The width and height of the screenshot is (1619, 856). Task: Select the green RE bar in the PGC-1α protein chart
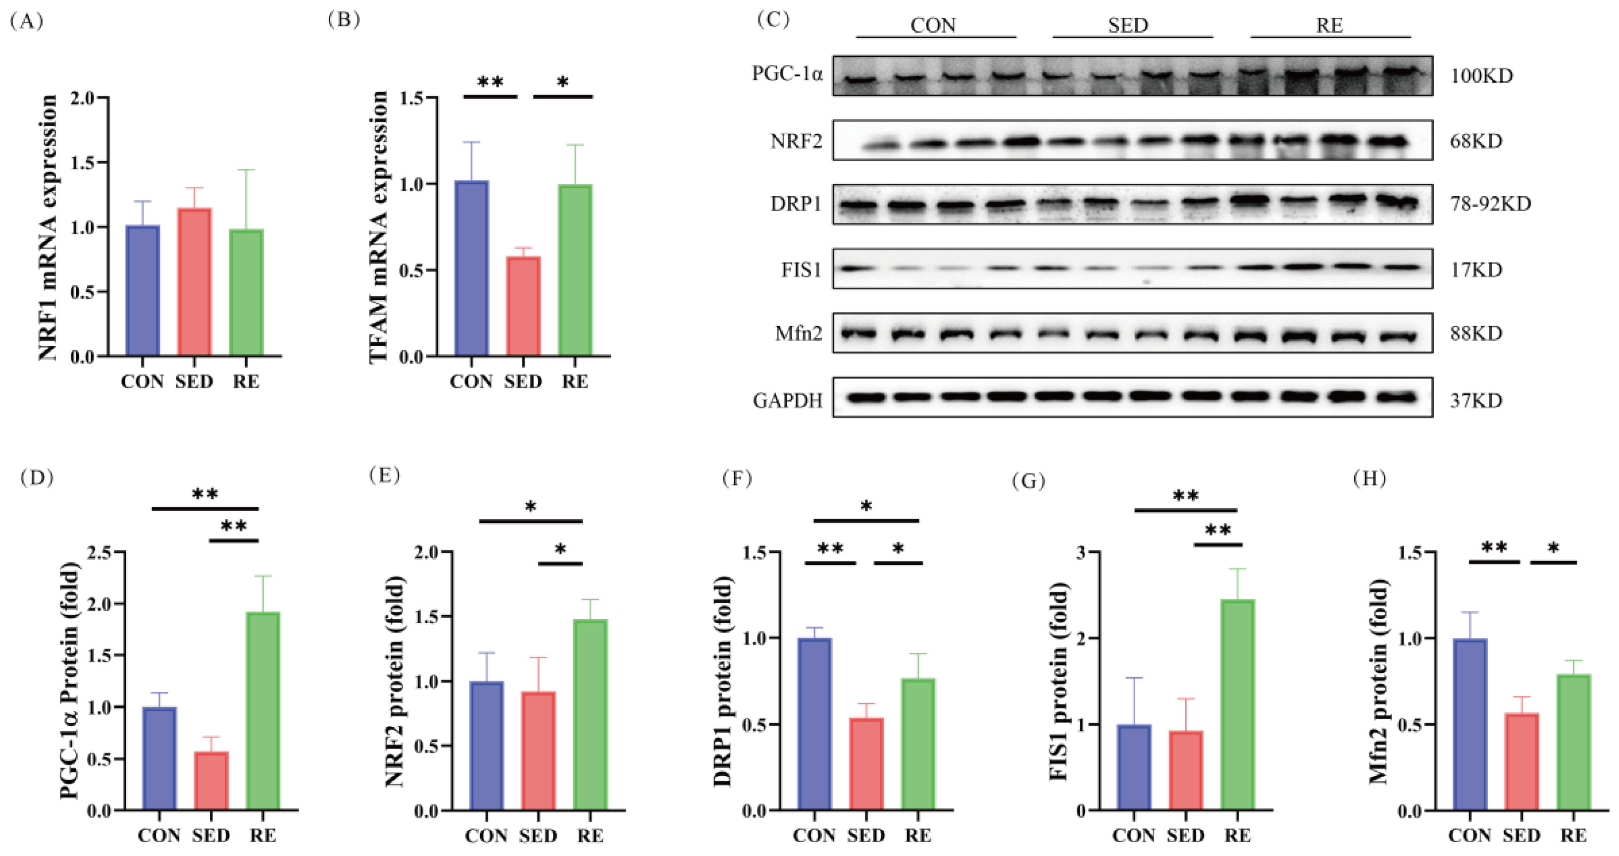[x=263, y=711]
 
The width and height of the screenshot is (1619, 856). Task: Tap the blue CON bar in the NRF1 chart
[x=143, y=291]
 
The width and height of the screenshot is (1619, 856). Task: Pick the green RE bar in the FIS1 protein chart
[x=1237, y=704]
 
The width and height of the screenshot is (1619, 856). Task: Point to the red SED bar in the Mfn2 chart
[x=1521, y=762]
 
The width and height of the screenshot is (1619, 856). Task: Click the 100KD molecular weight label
[x=1481, y=76]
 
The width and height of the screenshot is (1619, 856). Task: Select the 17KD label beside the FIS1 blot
[x=1476, y=270]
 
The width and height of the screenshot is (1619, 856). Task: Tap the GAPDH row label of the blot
[x=788, y=401]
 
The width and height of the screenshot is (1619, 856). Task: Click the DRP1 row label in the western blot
[x=796, y=205]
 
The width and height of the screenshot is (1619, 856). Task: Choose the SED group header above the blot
[x=1128, y=25]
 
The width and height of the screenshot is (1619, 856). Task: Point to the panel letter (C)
[x=772, y=19]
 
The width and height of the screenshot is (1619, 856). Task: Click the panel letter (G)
[x=1028, y=481]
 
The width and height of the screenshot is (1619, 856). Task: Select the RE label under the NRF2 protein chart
[x=590, y=836]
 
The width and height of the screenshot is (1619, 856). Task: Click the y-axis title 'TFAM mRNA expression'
[x=379, y=226]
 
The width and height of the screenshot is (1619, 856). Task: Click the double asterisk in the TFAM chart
[x=490, y=82]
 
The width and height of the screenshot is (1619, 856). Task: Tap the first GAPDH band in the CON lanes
[x=865, y=397]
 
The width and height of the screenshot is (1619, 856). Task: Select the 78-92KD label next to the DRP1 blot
[x=1490, y=205]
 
